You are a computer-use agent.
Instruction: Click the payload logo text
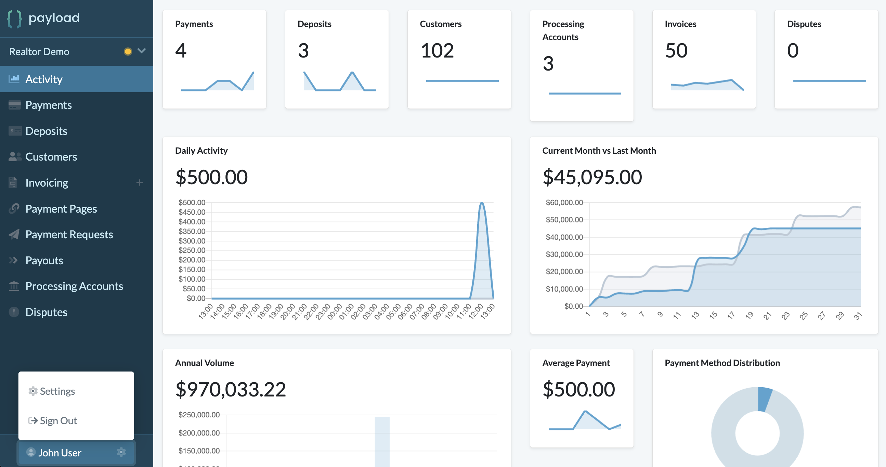tap(54, 18)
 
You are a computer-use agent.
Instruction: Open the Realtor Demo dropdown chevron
tap(141, 51)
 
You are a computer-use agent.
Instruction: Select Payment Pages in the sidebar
tap(61, 209)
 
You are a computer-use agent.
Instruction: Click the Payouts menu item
tap(44, 261)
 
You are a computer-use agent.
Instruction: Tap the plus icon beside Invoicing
tap(139, 183)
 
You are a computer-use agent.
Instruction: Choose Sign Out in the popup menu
tap(58, 420)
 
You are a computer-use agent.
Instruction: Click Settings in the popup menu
tap(57, 391)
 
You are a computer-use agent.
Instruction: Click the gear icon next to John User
tap(121, 452)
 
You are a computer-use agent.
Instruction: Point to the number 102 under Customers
tap(437, 51)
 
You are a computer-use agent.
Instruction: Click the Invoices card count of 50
tap(676, 51)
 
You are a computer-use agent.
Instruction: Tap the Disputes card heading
tap(804, 24)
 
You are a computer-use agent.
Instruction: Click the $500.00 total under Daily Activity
tap(211, 177)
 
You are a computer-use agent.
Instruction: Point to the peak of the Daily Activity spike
tap(482, 203)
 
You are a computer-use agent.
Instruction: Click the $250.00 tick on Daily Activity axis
tap(192, 251)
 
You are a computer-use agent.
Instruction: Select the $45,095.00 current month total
tap(592, 177)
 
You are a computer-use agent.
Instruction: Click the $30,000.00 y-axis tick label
tap(564, 254)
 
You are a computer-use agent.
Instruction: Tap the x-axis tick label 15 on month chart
tap(713, 315)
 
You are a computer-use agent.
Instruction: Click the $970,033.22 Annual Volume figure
tap(231, 389)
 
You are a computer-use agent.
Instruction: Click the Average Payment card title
tap(576, 363)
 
